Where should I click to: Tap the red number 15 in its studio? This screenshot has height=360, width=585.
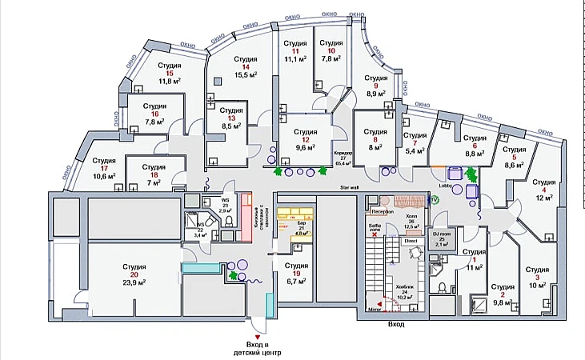170,73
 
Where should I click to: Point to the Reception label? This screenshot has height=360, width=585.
382,212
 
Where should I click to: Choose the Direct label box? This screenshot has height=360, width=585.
411,240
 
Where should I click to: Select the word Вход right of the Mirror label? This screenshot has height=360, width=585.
396,324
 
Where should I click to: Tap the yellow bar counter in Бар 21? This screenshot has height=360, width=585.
295,216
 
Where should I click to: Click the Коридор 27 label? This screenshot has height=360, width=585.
342,156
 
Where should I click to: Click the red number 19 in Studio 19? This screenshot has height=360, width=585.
296,274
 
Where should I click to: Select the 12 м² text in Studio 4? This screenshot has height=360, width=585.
544,198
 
